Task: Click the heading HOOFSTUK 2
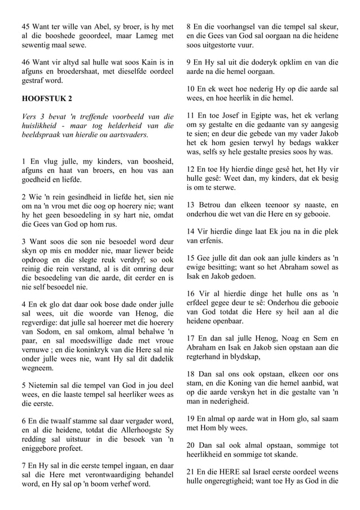[x=47, y=98]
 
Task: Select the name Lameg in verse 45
[x=142, y=36]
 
